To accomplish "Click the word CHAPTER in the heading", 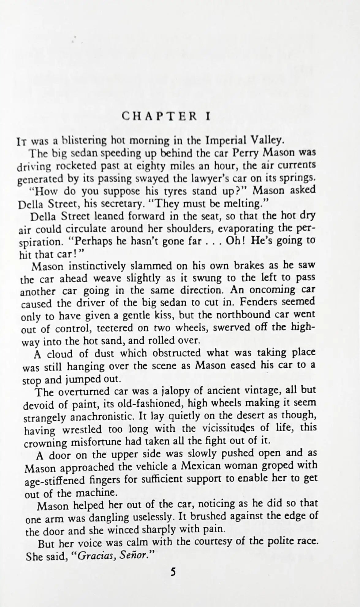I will click(159, 116).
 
